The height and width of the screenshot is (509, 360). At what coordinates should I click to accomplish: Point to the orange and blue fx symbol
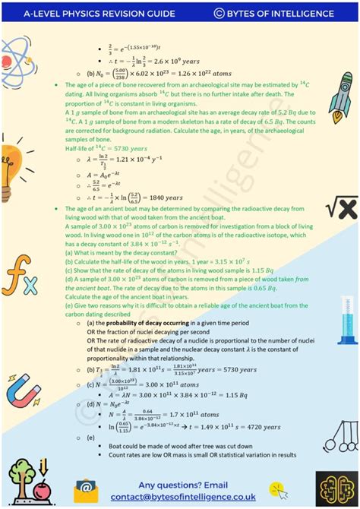[19, 280]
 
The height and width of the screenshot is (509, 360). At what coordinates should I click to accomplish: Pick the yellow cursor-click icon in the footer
[279, 488]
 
